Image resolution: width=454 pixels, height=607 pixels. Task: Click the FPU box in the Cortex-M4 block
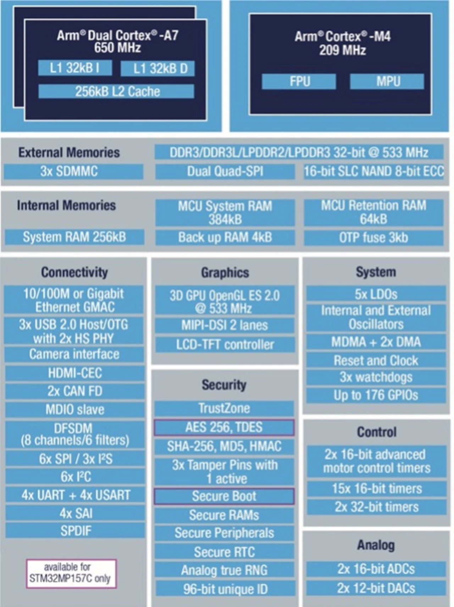pyautogui.click(x=299, y=81)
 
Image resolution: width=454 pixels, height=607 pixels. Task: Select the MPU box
pyautogui.click(x=387, y=81)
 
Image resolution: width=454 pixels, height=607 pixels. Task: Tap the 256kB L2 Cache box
pyautogui.click(x=116, y=91)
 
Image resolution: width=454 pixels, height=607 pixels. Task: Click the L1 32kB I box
pyautogui.click(x=75, y=68)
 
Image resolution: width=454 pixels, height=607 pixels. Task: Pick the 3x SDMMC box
pyautogui.click(x=73, y=171)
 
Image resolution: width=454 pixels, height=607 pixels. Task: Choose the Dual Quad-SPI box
pyautogui.click(x=225, y=171)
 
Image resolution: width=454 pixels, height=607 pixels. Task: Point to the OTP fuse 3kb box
pyautogui.click(x=373, y=237)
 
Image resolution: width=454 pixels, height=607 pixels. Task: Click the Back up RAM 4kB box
pyautogui.click(x=225, y=237)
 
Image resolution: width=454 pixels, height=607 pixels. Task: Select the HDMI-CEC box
pyautogui.click(x=75, y=373)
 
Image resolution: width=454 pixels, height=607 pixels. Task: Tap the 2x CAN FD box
pyautogui.click(x=75, y=391)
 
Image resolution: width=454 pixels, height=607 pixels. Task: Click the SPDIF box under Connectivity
pyautogui.click(x=75, y=531)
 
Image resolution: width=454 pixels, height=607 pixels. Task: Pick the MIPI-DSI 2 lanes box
pyautogui.click(x=225, y=325)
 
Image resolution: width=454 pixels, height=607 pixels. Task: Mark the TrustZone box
pyautogui.click(x=224, y=408)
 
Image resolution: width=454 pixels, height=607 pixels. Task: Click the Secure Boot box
pyautogui.click(x=224, y=496)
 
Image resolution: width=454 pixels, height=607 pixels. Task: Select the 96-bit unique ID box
pyautogui.click(x=225, y=589)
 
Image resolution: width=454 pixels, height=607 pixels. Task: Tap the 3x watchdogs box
pyautogui.click(x=376, y=377)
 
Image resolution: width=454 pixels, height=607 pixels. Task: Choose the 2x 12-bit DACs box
pyautogui.click(x=376, y=588)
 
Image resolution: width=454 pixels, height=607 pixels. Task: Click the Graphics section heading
pyautogui.click(x=225, y=272)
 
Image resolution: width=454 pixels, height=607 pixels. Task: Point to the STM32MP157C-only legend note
pyautogui.click(x=71, y=573)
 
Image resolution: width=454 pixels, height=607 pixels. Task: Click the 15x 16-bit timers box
pyautogui.click(x=377, y=489)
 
